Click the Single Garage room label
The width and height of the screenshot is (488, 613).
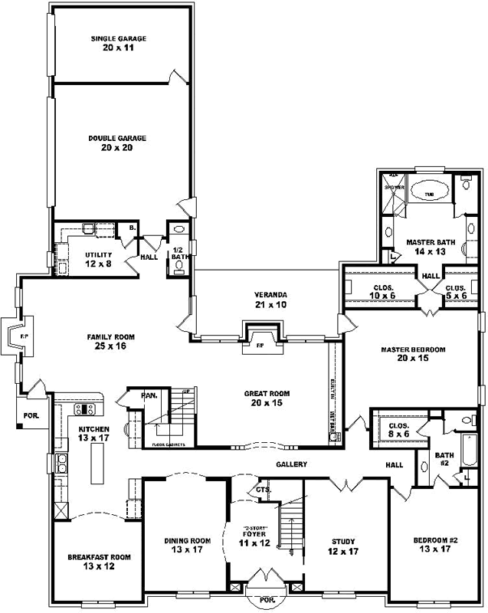pyautogui.click(x=118, y=42)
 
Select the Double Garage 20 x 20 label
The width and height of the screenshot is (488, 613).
pyautogui.click(x=116, y=143)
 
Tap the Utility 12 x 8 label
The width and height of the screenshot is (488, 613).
pyautogui.click(x=99, y=259)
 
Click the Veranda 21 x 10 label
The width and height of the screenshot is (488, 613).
pyautogui.click(x=270, y=300)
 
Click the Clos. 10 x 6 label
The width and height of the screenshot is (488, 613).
pyautogui.click(x=375, y=290)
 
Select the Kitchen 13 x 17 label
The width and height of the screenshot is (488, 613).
pyautogui.click(x=93, y=434)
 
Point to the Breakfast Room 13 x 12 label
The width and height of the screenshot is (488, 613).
pyautogui.click(x=99, y=562)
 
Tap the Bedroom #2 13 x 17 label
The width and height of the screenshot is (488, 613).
pyautogui.click(x=435, y=545)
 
